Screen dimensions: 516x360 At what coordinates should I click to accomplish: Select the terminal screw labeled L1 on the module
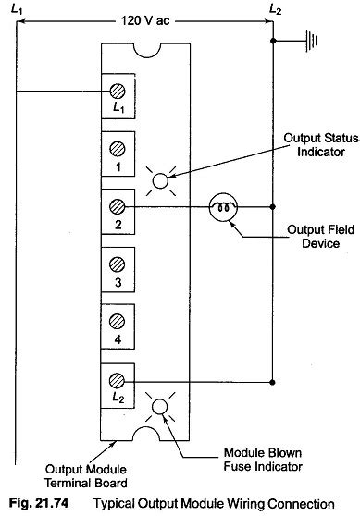point(118,91)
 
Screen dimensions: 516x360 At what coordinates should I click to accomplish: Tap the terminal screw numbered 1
point(118,147)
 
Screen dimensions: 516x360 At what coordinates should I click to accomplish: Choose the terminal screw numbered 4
point(118,320)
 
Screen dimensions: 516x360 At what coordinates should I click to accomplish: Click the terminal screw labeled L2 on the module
point(118,379)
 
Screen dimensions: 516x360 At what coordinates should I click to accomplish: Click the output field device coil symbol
point(221,205)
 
